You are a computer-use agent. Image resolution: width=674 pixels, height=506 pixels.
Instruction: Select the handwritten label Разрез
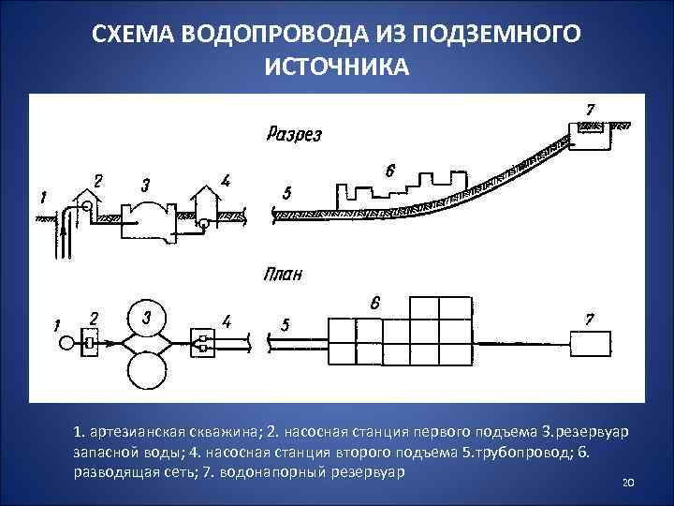coord(294,134)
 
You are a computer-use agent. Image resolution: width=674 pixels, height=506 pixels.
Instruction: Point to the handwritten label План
coord(284,275)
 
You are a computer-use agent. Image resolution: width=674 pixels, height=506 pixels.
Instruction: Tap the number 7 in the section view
coord(589,110)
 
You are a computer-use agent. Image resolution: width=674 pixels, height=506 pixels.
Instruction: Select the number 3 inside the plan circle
coord(146,318)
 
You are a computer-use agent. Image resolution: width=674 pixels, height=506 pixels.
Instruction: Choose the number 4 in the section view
coord(224,180)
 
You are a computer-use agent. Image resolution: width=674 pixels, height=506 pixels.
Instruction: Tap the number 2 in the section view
coord(98,179)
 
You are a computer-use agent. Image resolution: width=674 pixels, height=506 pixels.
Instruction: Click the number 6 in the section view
coord(390,171)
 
